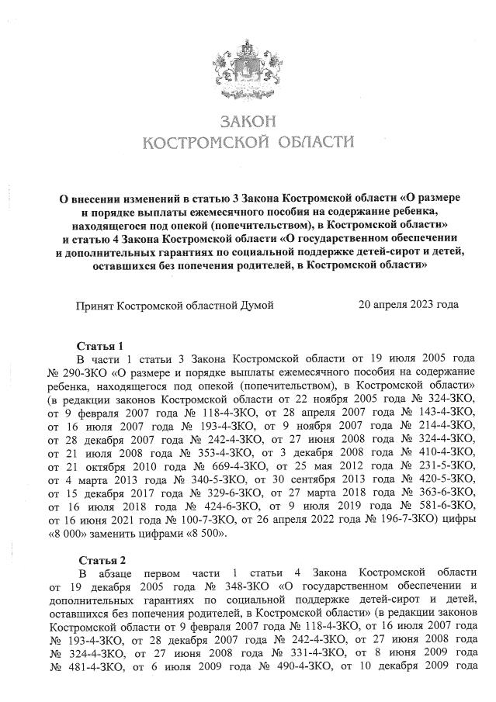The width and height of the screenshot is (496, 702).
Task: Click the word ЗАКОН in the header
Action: (x=248, y=122)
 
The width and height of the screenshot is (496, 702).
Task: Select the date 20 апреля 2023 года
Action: (x=408, y=305)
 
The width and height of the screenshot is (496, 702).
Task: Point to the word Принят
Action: (x=94, y=306)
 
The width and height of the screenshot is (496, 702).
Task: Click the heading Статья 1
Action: (x=101, y=345)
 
